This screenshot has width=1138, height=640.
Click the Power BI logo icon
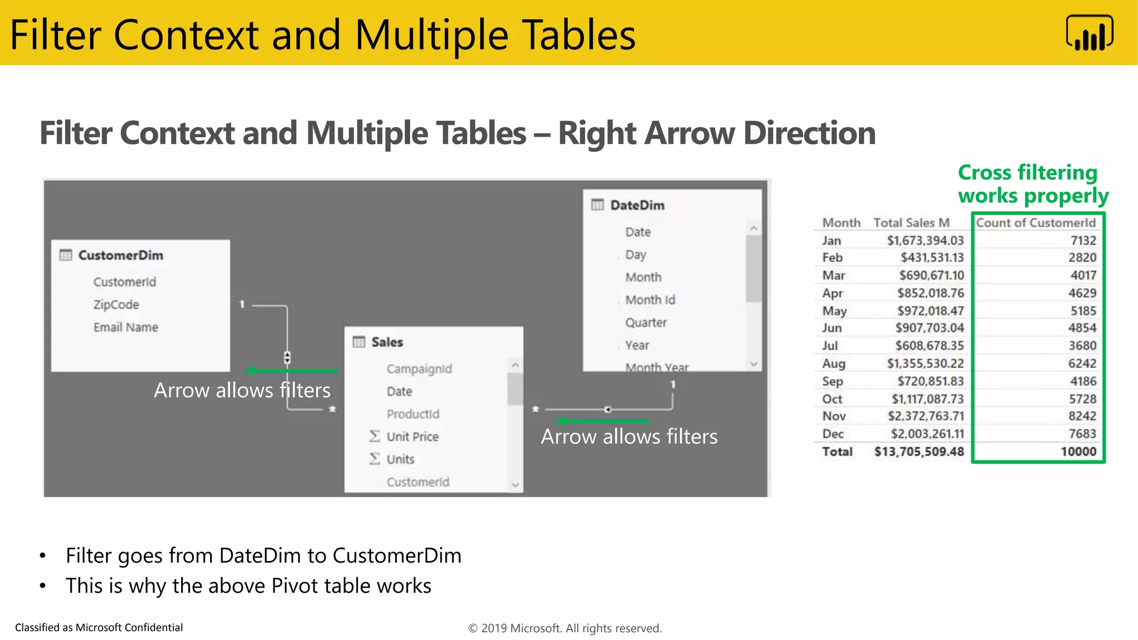click(x=1089, y=33)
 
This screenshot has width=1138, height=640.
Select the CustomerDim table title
click(x=121, y=256)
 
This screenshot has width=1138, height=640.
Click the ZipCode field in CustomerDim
click(x=116, y=304)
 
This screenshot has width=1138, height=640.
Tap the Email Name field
click(x=126, y=327)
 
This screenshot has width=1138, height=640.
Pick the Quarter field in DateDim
click(x=646, y=323)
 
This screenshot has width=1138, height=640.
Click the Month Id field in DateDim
click(x=650, y=300)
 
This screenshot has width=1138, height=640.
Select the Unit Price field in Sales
click(x=412, y=437)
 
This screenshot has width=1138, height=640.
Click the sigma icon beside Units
click(x=375, y=459)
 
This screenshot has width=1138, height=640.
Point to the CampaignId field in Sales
click(x=419, y=369)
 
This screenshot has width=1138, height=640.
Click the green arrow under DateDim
click(x=603, y=421)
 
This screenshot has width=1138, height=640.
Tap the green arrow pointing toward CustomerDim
click(x=292, y=371)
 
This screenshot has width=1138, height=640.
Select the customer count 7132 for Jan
click(x=1083, y=241)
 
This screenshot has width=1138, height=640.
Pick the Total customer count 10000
click(x=1078, y=452)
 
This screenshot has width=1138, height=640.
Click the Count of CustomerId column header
click(x=1036, y=223)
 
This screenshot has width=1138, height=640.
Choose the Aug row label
click(x=833, y=363)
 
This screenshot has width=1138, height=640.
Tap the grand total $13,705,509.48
click(x=919, y=452)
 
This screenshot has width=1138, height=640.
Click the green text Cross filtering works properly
click(x=1032, y=184)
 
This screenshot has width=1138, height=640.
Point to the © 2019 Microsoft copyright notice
click(x=565, y=628)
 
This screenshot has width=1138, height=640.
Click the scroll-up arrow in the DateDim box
click(x=753, y=228)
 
